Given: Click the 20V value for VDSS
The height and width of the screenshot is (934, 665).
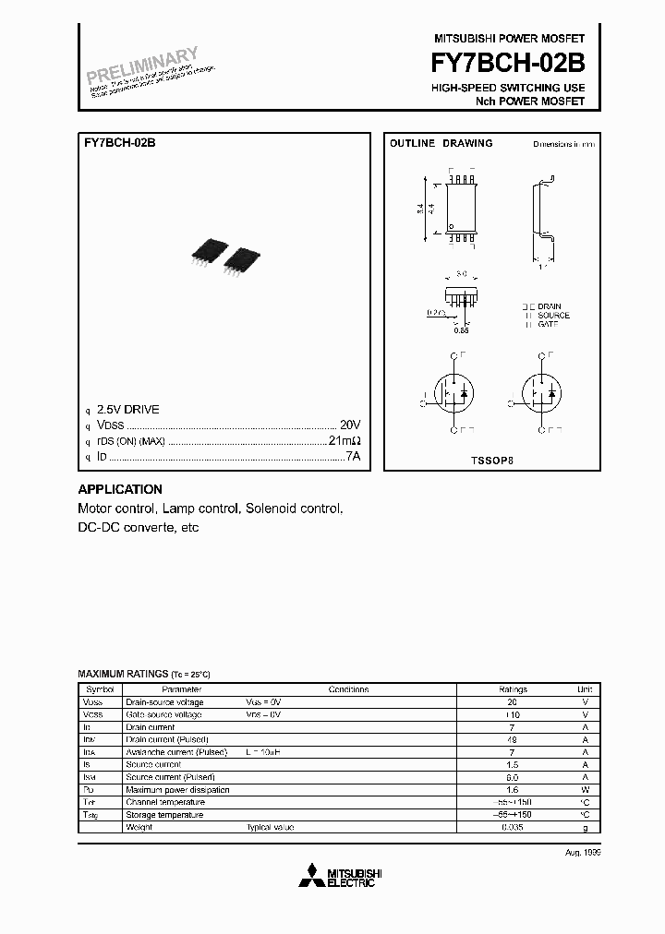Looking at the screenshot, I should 349,425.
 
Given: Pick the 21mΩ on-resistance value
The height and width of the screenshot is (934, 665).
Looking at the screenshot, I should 344,441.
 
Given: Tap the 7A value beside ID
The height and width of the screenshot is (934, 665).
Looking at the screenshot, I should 352,457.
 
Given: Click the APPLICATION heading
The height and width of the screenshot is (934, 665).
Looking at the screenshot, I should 120,489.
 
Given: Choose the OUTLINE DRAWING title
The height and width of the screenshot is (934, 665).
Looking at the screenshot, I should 441,144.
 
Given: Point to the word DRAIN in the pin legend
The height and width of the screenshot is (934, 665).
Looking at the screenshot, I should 550,305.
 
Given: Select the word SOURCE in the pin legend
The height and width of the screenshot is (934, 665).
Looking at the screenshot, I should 553,315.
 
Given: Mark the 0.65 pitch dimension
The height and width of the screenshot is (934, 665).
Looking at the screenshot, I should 464,329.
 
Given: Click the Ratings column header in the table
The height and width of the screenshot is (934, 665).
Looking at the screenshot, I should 513,689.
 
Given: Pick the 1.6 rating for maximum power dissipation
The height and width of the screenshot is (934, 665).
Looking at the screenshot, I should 513,790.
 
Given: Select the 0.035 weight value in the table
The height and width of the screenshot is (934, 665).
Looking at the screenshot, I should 513,827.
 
